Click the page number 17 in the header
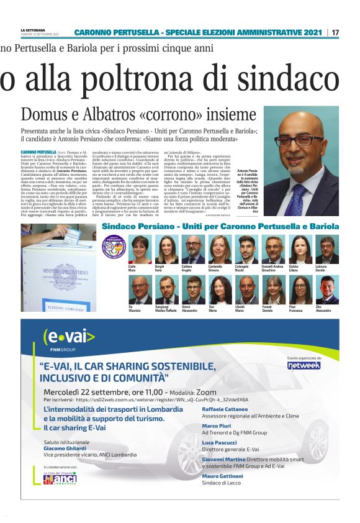[x=335, y=32]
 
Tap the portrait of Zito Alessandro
[x=326, y=289]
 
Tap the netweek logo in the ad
[x=320, y=365]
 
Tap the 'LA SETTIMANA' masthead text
[x=32, y=29]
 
